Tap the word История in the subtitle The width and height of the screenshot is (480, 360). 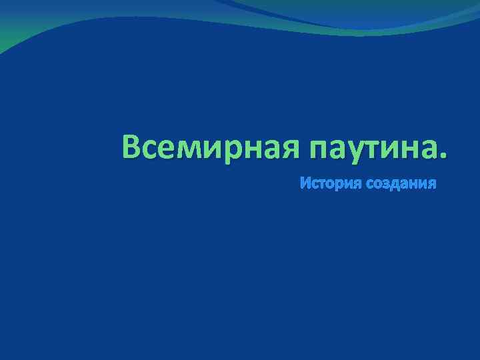[323, 183]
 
